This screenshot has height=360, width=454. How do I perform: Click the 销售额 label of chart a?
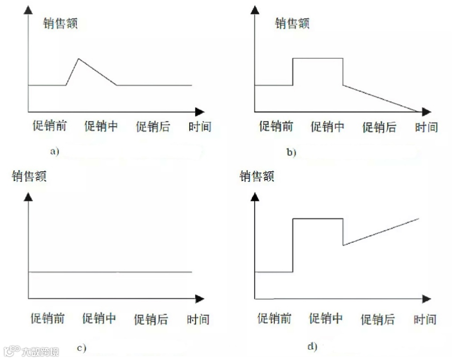click(61, 24)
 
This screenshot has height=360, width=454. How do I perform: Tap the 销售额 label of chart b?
click(292, 23)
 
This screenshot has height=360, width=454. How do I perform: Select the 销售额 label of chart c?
click(29, 176)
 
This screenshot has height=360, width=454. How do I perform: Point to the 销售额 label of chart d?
click(257, 176)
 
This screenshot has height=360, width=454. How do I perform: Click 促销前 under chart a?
click(49, 126)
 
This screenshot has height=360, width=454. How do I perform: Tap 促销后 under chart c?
click(151, 319)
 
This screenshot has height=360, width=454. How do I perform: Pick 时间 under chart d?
click(425, 319)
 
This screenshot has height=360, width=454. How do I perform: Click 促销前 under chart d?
click(274, 319)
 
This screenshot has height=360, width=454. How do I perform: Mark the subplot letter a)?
click(54, 152)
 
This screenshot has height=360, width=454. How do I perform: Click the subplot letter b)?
click(291, 152)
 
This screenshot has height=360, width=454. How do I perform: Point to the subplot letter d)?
click(312, 347)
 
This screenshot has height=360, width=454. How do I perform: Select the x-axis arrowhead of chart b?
click(426, 112)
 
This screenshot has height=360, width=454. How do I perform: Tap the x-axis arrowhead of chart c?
click(200, 299)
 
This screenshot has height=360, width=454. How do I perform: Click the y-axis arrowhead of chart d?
click(255, 197)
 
